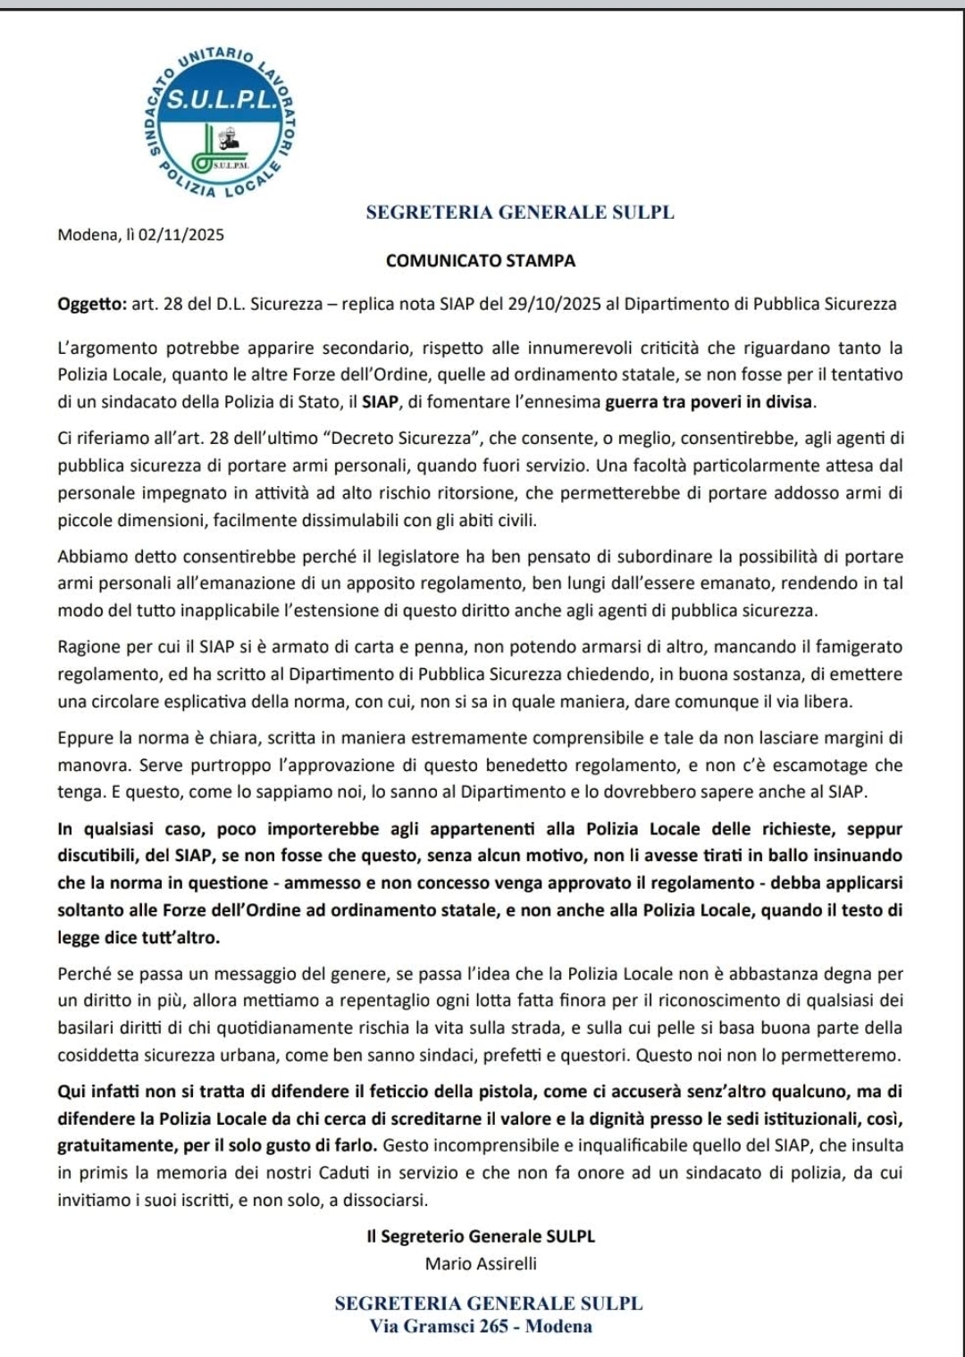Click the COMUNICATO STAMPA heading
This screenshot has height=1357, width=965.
[481, 261]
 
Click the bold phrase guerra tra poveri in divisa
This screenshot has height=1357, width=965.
[710, 402]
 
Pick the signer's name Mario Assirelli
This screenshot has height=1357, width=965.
[481, 1263]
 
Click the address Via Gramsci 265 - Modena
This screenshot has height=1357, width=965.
[481, 1326]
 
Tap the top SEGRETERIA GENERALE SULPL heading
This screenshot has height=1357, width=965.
[520, 213]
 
